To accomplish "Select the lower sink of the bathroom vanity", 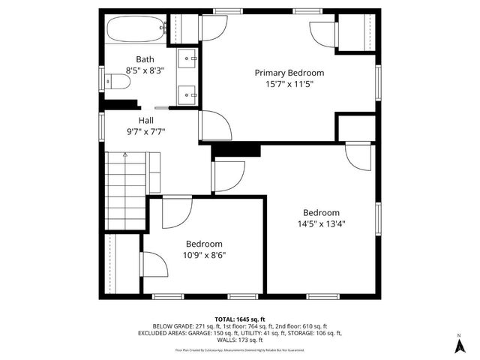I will click(187, 95).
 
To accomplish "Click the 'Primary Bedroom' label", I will click(289, 73).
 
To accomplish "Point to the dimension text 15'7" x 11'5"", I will click(289, 84).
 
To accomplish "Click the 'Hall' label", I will click(145, 120).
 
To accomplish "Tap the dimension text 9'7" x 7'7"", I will click(145, 131).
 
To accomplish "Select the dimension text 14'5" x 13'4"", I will click(321, 223).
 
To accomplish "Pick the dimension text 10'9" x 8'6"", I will click(204, 255).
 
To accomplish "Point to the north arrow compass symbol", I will click(459, 344).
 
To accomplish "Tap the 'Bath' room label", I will click(145, 59).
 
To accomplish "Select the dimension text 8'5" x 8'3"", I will click(145, 70).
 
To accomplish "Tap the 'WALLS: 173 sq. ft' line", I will click(239, 340).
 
